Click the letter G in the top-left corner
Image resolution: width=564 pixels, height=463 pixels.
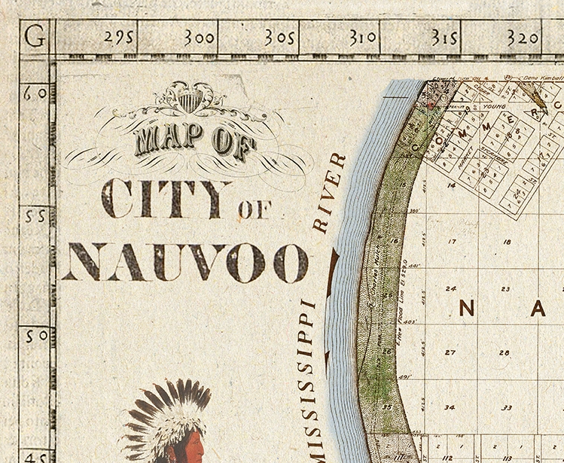pos(34,36)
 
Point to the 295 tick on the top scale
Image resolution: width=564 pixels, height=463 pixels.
pos(118,38)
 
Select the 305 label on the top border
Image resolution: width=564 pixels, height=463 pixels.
pos(279,38)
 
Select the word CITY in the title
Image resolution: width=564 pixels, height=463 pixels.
pos(165,200)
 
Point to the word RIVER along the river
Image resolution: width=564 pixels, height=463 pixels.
pos(329,193)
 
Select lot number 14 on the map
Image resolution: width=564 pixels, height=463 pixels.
pos(451,184)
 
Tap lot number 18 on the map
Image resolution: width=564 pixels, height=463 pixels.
pos(506,242)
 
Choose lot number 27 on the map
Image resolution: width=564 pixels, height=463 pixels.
pos(450,352)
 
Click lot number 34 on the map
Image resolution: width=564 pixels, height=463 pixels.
pos(450,407)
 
